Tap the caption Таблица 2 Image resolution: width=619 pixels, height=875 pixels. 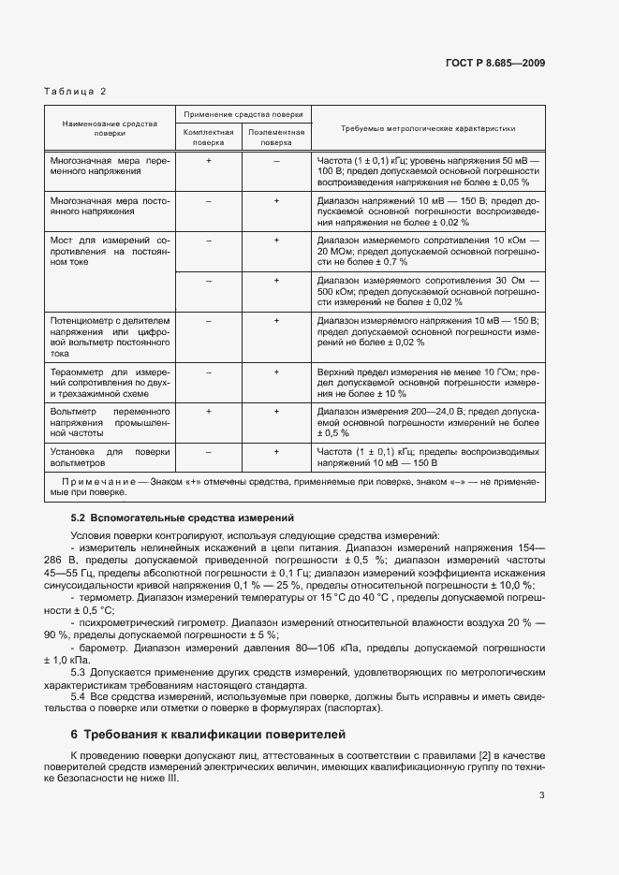[75, 91]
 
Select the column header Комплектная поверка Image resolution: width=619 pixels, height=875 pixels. [209, 139]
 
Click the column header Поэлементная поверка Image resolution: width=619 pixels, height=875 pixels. [276, 139]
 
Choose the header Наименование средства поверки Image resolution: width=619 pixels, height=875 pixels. [110, 128]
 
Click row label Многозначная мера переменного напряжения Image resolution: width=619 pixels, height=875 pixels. [110, 167]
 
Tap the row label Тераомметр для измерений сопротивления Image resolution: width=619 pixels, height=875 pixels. [110, 383]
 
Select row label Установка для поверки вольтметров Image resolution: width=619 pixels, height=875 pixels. [110, 457]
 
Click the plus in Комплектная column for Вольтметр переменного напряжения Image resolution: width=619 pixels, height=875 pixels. [209, 412]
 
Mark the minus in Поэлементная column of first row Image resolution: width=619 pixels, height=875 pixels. [276, 161]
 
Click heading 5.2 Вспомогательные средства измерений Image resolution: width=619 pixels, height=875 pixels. [183, 517]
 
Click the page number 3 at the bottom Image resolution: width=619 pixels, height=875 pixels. [542, 796]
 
